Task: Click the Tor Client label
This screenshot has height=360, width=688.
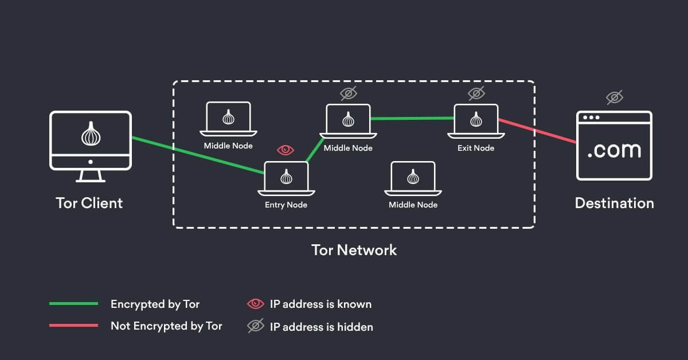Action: tap(89, 203)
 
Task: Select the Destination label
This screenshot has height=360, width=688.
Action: tap(614, 203)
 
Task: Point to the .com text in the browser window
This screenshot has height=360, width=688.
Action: tap(614, 150)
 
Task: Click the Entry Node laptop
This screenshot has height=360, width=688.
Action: tap(286, 177)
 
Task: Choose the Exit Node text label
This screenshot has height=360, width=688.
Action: tap(476, 148)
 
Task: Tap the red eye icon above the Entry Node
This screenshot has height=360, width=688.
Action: tap(286, 150)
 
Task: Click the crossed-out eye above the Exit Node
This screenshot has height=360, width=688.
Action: tap(476, 93)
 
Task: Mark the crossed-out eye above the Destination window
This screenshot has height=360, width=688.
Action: tap(615, 97)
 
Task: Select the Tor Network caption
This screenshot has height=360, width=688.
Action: tap(354, 250)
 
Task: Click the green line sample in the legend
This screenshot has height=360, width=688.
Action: tap(73, 304)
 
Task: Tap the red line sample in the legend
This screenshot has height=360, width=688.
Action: tap(73, 326)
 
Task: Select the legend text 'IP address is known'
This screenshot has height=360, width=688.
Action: tap(320, 304)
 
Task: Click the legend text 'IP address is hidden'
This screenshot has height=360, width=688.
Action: tap(321, 327)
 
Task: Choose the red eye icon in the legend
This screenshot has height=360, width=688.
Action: tap(255, 304)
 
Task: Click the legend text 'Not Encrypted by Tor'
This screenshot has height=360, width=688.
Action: tap(166, 326)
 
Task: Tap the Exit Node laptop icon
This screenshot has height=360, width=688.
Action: tap(476, 121)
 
